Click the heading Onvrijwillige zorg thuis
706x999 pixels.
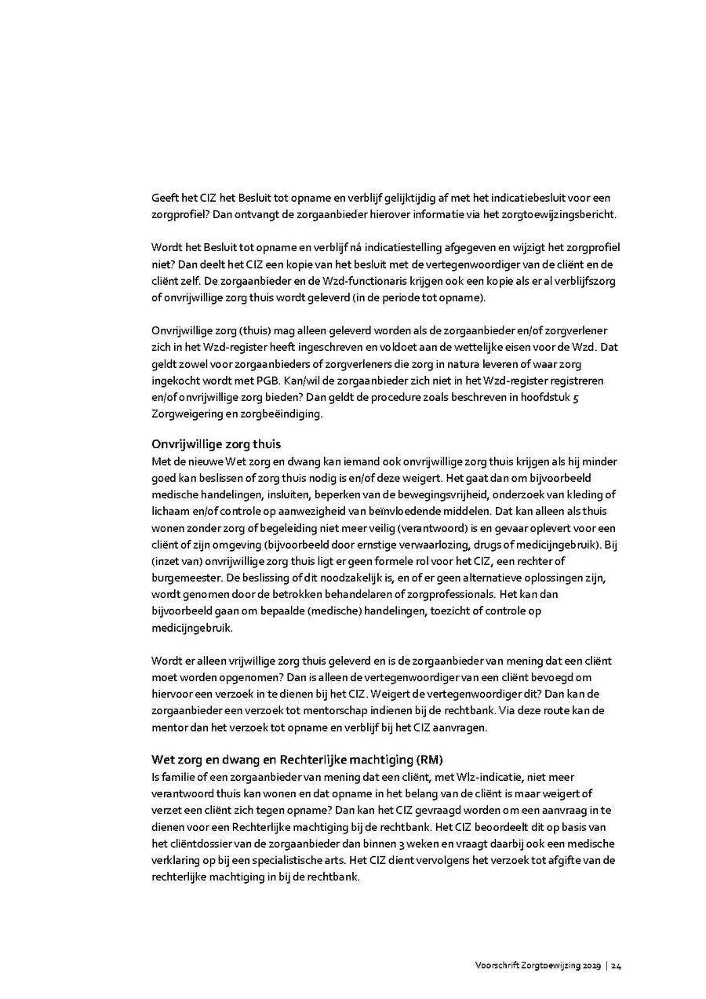tap(216, 443)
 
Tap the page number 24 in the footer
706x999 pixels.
tap(617, 965)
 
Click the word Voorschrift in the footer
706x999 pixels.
tap(494, 965)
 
